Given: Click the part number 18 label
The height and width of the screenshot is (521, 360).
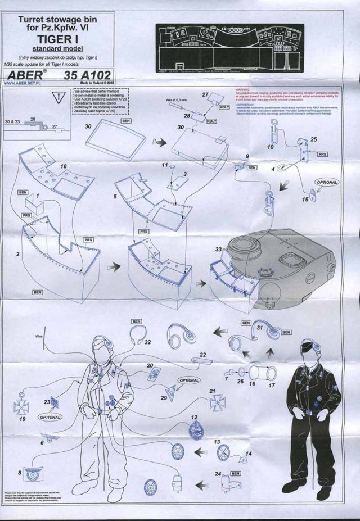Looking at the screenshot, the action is click(65, 167).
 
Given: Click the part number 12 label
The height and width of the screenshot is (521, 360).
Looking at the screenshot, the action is click(193, 418).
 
